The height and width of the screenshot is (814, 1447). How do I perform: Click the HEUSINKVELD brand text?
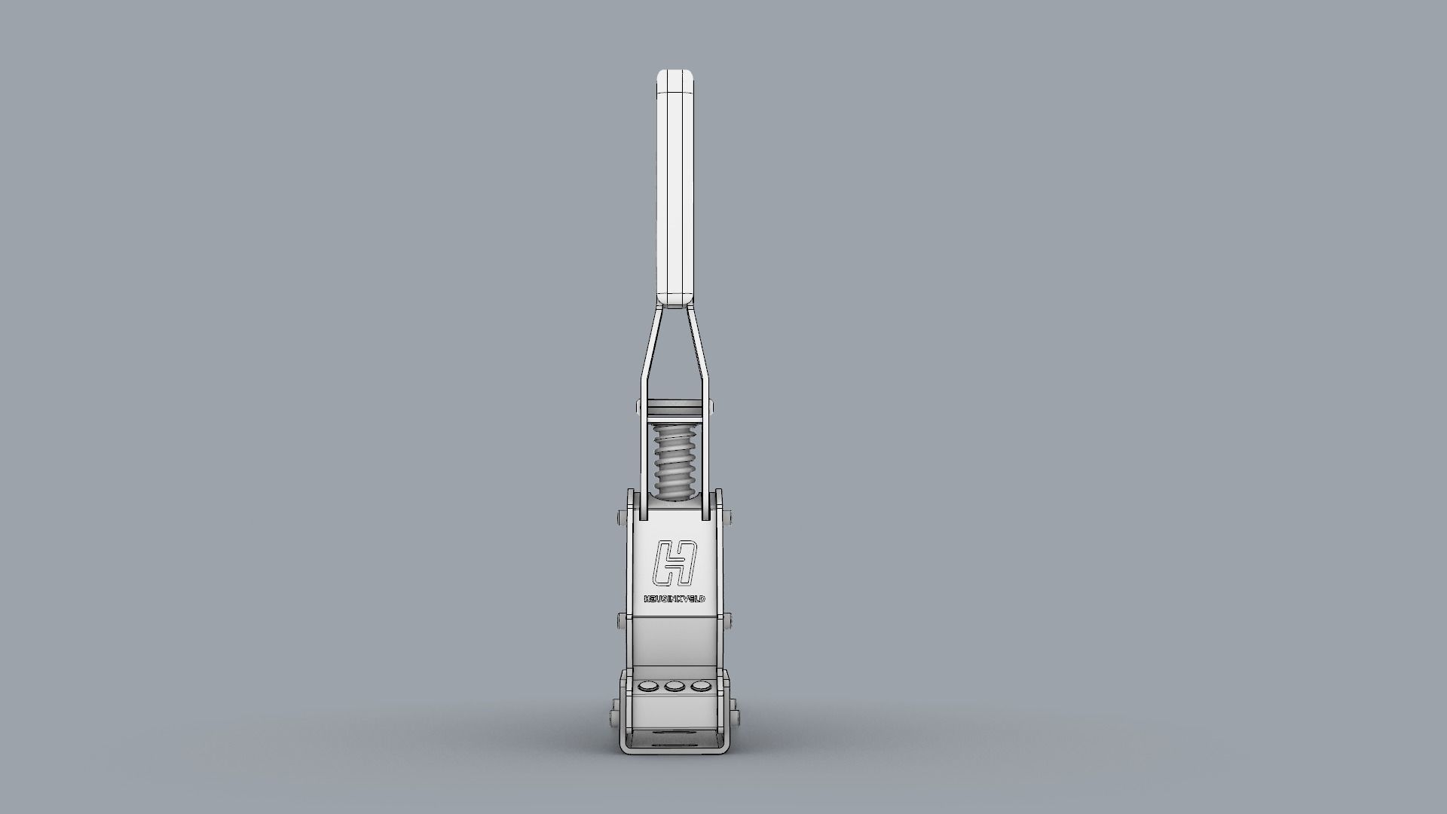(675, 599)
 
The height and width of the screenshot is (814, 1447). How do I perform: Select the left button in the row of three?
(647, 687)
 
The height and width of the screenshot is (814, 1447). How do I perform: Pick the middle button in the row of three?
(674, 687)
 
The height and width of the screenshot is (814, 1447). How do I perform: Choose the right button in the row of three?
(701, 687)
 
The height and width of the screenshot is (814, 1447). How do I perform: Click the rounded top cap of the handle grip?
(675, 78)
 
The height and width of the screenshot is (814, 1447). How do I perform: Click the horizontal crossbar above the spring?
(675, 408)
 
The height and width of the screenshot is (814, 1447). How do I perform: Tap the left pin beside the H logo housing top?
(621, 519)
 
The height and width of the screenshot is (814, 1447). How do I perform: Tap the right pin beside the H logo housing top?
(729, 519)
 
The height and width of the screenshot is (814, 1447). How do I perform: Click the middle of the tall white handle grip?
(675, 188)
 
